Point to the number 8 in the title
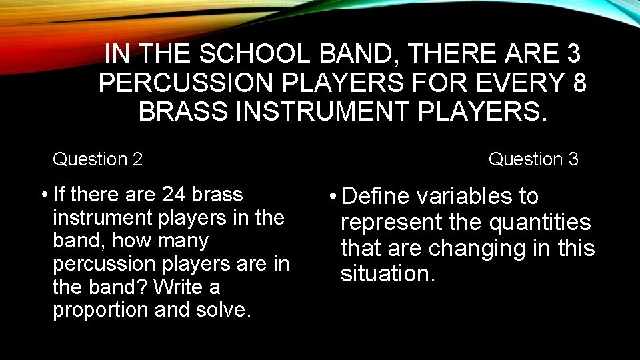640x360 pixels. pos(579,82)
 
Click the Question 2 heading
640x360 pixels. pos(97,159)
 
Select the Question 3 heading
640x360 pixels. pos(533,159)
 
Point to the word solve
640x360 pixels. pos(227,310)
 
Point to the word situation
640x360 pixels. pos(387,273)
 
